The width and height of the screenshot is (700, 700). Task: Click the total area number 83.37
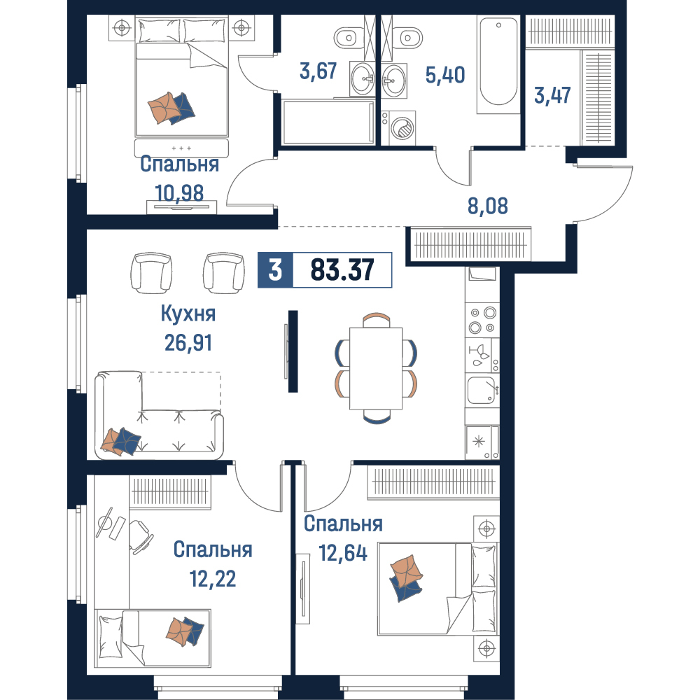[342, 270]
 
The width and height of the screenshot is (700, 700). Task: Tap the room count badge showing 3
[275, 270]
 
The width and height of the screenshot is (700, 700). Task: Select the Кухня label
[188, 314]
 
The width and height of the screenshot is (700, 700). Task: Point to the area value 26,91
[188, 343]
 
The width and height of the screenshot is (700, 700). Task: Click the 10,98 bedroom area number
[179, 193]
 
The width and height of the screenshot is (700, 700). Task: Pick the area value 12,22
[213, 579]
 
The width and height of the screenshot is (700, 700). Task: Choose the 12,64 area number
[343, 553]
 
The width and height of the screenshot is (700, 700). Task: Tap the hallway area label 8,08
[487, 206]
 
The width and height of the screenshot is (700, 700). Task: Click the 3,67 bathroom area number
[318, 71]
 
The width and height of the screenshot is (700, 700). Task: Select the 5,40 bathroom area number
[445, 75]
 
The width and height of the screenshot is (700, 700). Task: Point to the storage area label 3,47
[552, 95]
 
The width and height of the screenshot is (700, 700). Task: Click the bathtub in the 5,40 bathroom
[498, 64]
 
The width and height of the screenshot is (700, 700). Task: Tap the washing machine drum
[402, 129]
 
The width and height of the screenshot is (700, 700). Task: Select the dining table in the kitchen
[376, 368]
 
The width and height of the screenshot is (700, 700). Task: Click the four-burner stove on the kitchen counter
[482, 320]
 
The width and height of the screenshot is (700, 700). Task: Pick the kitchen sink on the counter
[482, 391]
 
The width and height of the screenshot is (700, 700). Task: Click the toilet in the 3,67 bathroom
[349, 38]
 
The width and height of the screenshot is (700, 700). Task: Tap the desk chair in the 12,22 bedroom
[141, 538]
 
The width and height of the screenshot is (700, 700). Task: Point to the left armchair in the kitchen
[151, 273]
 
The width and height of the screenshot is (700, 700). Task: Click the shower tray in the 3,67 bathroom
[328, 122]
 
